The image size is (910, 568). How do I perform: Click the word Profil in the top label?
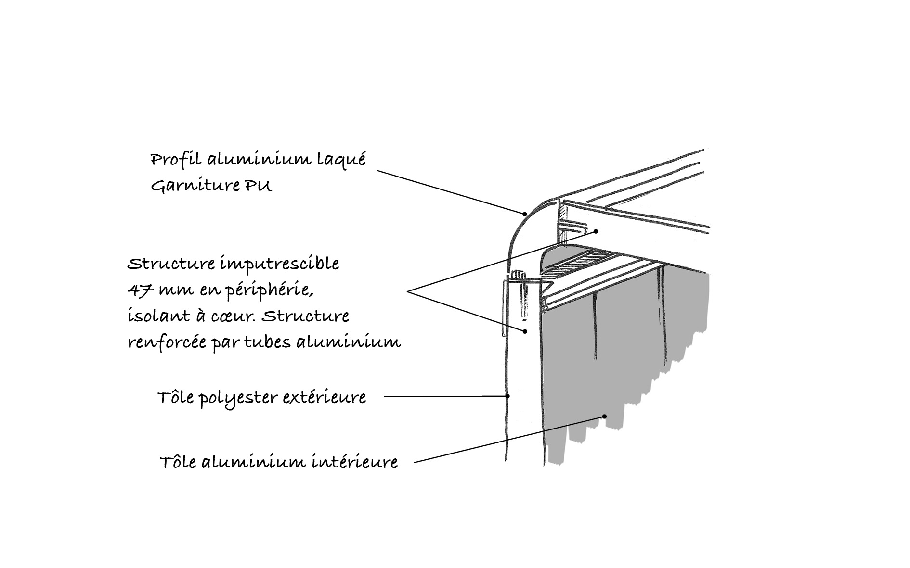[176, 160]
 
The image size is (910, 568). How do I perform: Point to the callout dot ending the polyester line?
[507, 396]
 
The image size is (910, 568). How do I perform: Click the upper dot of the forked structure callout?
[596, 231]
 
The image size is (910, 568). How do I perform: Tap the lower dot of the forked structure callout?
[526, 331]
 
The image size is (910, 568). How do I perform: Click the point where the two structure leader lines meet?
[408, 291]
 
